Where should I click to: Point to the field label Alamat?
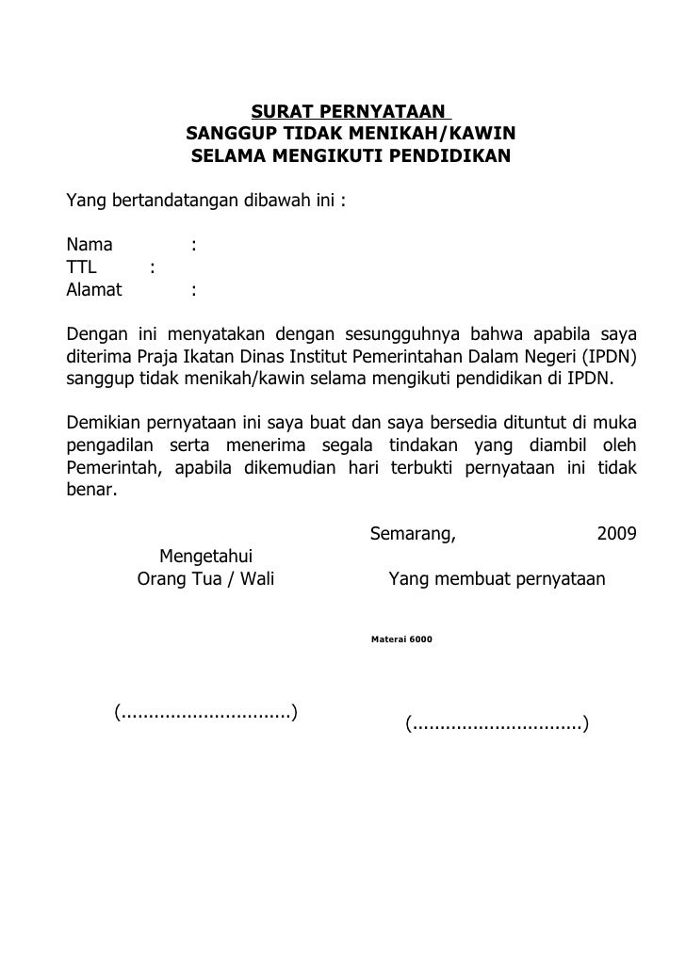coord(94,290)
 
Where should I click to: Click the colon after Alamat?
coord(193,290)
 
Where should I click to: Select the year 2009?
coord(616,535)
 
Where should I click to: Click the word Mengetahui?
coord(204,556)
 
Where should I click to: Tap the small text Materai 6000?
coord(401,639)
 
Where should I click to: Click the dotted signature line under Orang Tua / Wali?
coord(205,711)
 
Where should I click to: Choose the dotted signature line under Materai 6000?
coord(497,724)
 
